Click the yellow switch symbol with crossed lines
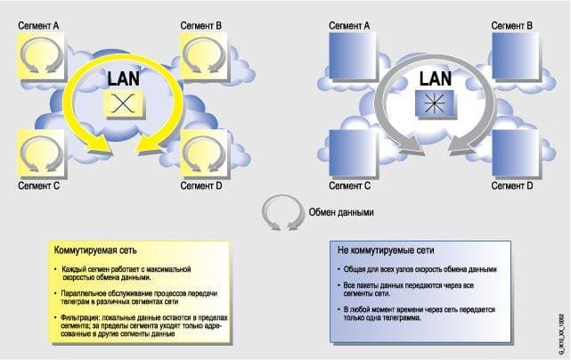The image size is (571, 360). click(123, 103)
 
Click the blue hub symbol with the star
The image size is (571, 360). click(435, 103)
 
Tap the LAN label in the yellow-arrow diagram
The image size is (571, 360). click(124, 78)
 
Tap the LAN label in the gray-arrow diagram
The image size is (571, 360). click(436, 78)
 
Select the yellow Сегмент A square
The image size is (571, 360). click(41, 55)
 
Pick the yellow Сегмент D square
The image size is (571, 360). click(204, 153)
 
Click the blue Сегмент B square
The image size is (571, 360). click(515, 55)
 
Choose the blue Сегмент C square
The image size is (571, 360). click(352, 153)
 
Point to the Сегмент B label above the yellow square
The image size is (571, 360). click(201, 26)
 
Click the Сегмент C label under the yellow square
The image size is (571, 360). click(38, 186)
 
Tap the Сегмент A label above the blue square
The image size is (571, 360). click(349, 26)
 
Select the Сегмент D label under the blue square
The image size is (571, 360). click(512, 186)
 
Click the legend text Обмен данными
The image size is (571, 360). click(341, 212)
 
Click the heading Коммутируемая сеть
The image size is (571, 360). click(95, 250)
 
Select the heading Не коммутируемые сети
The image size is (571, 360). click(386, 250)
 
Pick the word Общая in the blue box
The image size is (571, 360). click(354, 269)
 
